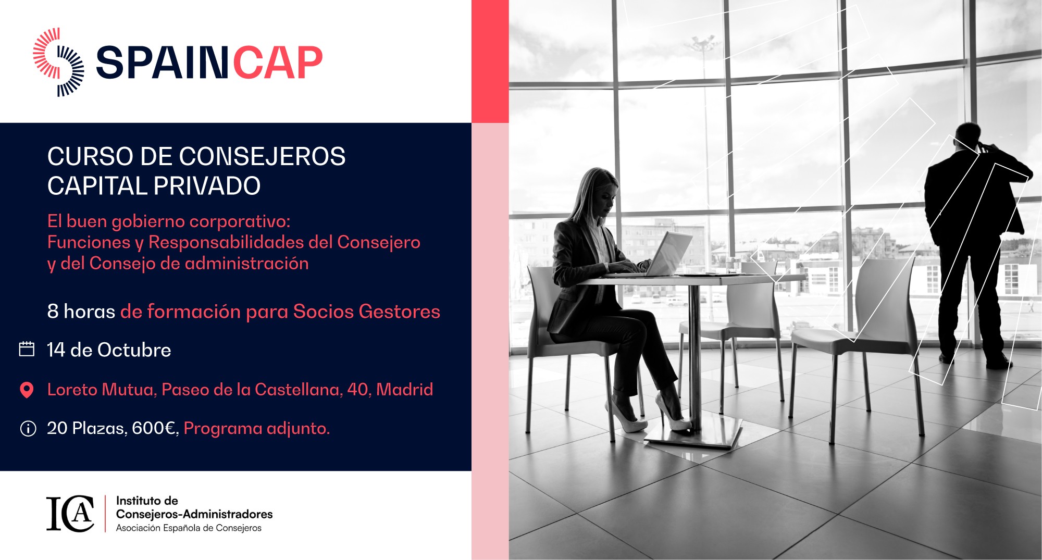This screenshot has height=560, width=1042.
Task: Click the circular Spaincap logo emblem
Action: coord(58,62)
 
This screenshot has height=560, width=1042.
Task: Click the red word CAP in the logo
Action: coord(278,63)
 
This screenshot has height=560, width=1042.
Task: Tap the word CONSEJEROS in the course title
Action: coord(263,156)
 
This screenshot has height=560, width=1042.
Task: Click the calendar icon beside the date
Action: coord(27,349)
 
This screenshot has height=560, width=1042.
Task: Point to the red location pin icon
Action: coord(27,390)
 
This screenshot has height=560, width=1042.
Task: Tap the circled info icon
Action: coord(28,429)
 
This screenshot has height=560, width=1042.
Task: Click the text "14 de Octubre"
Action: coord(109,350)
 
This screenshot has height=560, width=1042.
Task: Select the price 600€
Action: coord(154,428)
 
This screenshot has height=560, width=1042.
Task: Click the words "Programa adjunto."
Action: coord(257,429)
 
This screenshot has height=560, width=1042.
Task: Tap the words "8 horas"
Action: coord(81,312)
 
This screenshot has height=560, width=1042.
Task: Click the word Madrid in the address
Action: coord(404,390)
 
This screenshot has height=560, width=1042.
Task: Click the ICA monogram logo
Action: coord(70,514)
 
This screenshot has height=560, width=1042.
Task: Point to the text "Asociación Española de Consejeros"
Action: coord(189,528)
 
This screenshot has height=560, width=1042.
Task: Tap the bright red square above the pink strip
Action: coord(490,61)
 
